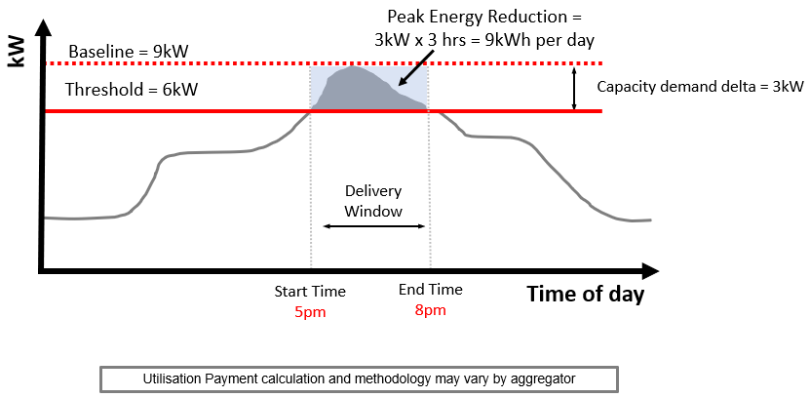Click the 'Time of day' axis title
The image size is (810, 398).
coord(585,294)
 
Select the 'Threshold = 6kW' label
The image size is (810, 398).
coord(132,90)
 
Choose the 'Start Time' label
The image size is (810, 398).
coord(309,292)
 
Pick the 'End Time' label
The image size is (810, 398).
coord(430,291)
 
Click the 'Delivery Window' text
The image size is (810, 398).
coord(373,200)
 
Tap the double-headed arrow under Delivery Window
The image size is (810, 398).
coord(373,226)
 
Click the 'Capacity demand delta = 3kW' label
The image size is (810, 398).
coord(700,87)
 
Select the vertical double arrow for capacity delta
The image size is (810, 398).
coord(575,87)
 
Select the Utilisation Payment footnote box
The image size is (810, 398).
coord(358,378)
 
